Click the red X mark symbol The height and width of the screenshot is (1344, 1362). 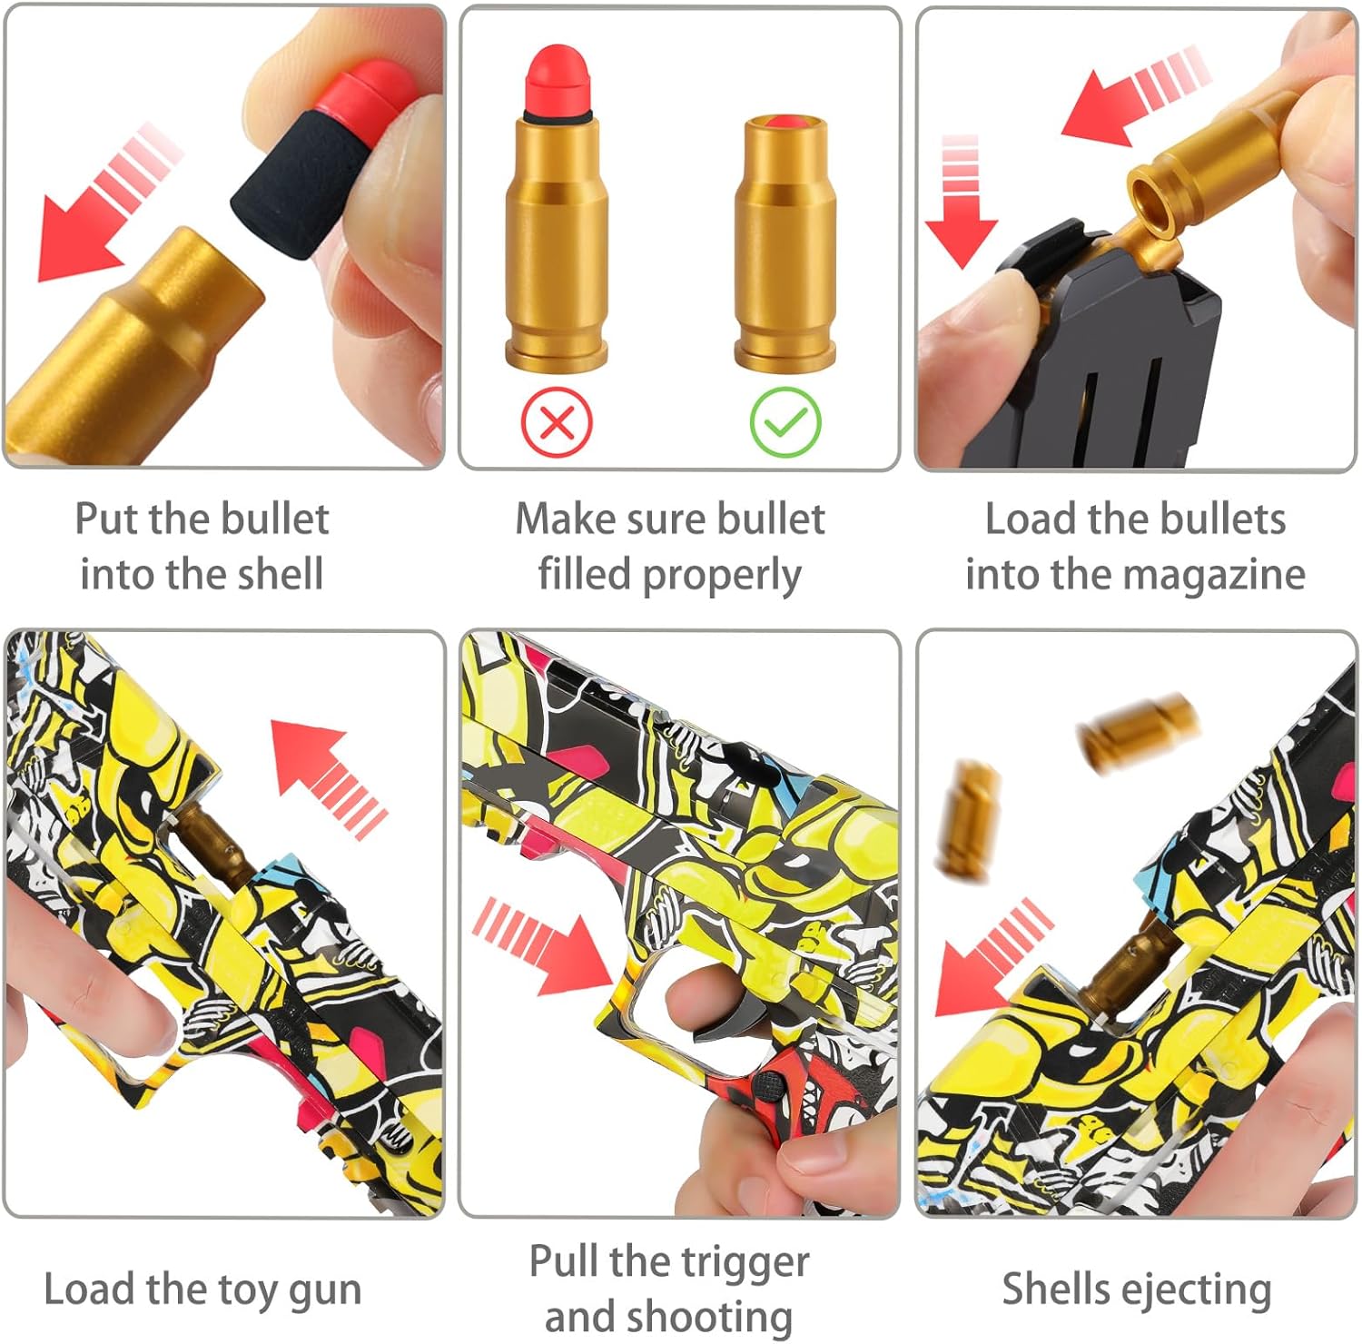557,422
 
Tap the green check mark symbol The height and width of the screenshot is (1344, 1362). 785,422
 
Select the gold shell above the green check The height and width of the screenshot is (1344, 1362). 785,242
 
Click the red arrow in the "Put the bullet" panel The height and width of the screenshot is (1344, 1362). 109,201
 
